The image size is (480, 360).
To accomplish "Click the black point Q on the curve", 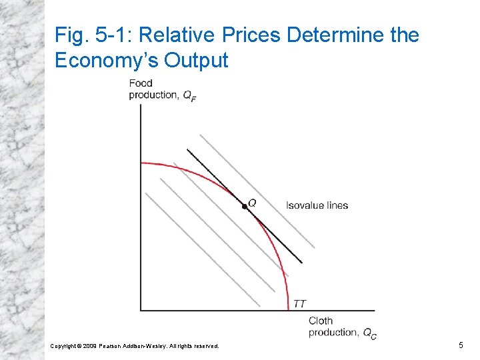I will (245, 207).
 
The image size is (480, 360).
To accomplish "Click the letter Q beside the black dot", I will (252, 201).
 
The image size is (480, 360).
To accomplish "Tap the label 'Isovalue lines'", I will (317, 205).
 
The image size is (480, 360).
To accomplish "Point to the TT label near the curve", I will (300, 304).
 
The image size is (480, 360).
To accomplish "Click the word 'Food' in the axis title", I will (141, 83).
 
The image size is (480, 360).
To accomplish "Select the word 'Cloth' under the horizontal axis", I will (321, 321).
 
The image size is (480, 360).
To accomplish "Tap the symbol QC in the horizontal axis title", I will (369, 333).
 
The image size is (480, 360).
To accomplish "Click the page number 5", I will (461, 345).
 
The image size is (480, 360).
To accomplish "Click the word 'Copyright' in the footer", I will (63, 346).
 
